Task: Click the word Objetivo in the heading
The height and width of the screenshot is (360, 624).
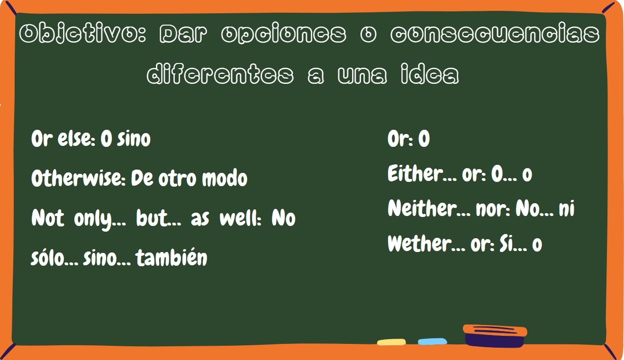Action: tap(82, 34)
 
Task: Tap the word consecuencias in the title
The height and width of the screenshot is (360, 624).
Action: tap(495, 34)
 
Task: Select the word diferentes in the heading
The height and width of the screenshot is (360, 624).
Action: tap(220, 74)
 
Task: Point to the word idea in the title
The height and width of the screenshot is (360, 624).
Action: tap(430, 74)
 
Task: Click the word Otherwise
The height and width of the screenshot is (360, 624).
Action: tap(79, 178)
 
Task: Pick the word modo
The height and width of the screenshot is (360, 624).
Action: tap(225, 178)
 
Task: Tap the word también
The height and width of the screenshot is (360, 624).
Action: tap(172, 257)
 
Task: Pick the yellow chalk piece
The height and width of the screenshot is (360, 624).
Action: tap(391, 342)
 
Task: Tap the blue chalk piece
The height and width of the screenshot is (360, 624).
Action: tap(432, 342)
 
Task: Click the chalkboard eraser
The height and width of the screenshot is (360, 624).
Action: tap(495, 336)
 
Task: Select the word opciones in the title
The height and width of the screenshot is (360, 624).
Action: tap(284, 35)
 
